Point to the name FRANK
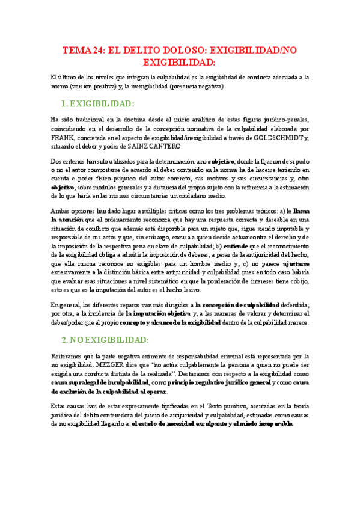(63, 138)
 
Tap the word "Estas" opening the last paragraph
(59, 407)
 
